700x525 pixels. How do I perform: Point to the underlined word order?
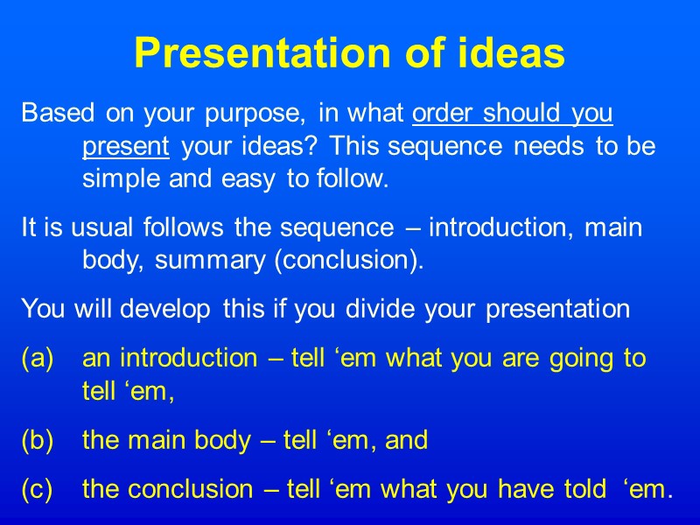pos(443,114)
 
